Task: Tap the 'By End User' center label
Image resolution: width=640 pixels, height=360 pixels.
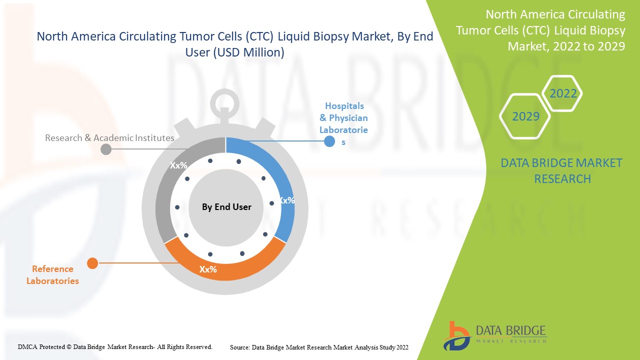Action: click(226, 207)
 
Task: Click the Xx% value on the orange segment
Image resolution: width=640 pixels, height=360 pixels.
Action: click(208, 269)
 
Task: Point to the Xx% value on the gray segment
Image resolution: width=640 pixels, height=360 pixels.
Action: click(178, 165)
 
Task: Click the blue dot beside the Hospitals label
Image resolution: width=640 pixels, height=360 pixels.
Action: click(329, 141)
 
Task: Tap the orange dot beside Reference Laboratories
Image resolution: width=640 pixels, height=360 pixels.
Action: click(92, 263)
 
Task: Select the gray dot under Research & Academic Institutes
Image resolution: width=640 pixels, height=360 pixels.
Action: click(106, 149)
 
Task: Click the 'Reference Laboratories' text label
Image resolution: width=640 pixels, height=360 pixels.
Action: click(52, 275)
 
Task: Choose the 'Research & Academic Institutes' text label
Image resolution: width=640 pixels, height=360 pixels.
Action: click(109, 137)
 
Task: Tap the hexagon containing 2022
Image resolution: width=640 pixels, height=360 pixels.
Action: click(563, 93)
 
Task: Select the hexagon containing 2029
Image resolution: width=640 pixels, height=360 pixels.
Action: click(525, 116)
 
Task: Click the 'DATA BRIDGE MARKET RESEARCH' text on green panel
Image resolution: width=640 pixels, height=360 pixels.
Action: click(562, 170)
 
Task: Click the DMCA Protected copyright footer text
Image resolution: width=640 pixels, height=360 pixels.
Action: click(115, 346)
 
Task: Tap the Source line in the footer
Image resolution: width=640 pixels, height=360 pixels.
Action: click(319, 347)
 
